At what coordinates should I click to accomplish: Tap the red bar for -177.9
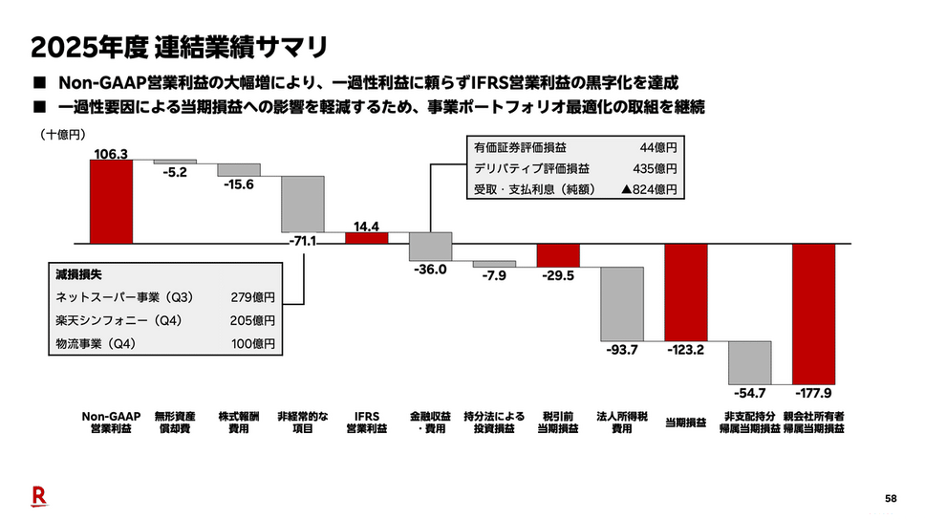814,314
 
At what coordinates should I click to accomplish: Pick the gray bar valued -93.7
622,304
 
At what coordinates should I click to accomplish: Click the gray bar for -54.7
750,362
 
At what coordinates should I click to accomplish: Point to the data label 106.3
112,152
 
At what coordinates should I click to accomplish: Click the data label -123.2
686,350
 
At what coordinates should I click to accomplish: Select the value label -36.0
431,270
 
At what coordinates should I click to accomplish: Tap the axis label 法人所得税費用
622,422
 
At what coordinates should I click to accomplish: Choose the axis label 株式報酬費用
239,422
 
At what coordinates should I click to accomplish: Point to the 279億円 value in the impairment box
253,297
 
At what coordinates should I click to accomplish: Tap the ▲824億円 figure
650,189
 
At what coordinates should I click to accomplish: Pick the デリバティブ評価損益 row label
520,168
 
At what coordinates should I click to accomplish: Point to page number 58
891,499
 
